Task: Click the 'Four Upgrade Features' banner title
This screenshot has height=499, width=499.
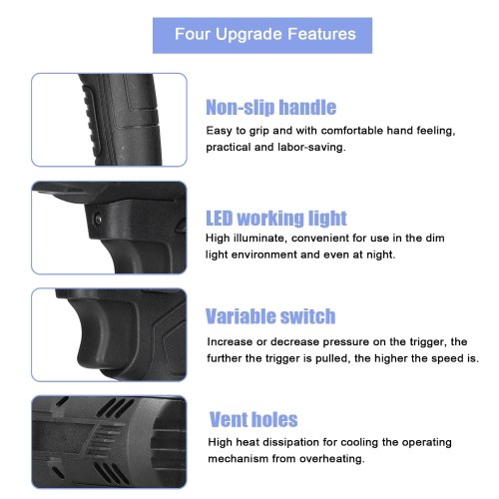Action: click(x=265, y=34)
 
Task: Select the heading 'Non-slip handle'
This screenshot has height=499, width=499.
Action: click(x=271, y=107)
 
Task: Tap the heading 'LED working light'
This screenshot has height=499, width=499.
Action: click(x=276, y=219)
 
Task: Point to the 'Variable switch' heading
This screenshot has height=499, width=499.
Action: click(x=270, y=316)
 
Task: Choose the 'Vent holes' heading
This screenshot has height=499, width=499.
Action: click(x=253, y=419)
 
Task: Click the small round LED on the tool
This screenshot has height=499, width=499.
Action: click(x=98, y=220)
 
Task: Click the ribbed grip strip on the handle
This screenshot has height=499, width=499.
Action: click(x=92, y=122)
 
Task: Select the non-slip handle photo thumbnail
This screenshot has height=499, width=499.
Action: click(x=109, y=120)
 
